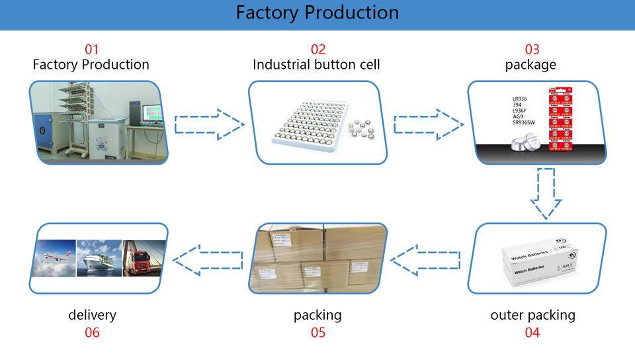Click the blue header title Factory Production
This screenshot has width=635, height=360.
point(317,13)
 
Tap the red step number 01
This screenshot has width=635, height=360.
point(91,49)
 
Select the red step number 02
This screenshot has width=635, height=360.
point(318,49)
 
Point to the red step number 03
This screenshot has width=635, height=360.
point(532,49)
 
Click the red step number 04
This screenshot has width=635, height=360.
point(532,332)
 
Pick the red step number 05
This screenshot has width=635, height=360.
point(318,332)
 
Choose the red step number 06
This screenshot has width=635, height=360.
point(92,332)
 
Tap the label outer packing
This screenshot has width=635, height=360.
point(532,315)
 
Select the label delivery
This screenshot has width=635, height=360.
point(92,315)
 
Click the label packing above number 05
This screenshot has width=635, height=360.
point(317,315)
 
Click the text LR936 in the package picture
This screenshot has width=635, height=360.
point(520,99)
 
